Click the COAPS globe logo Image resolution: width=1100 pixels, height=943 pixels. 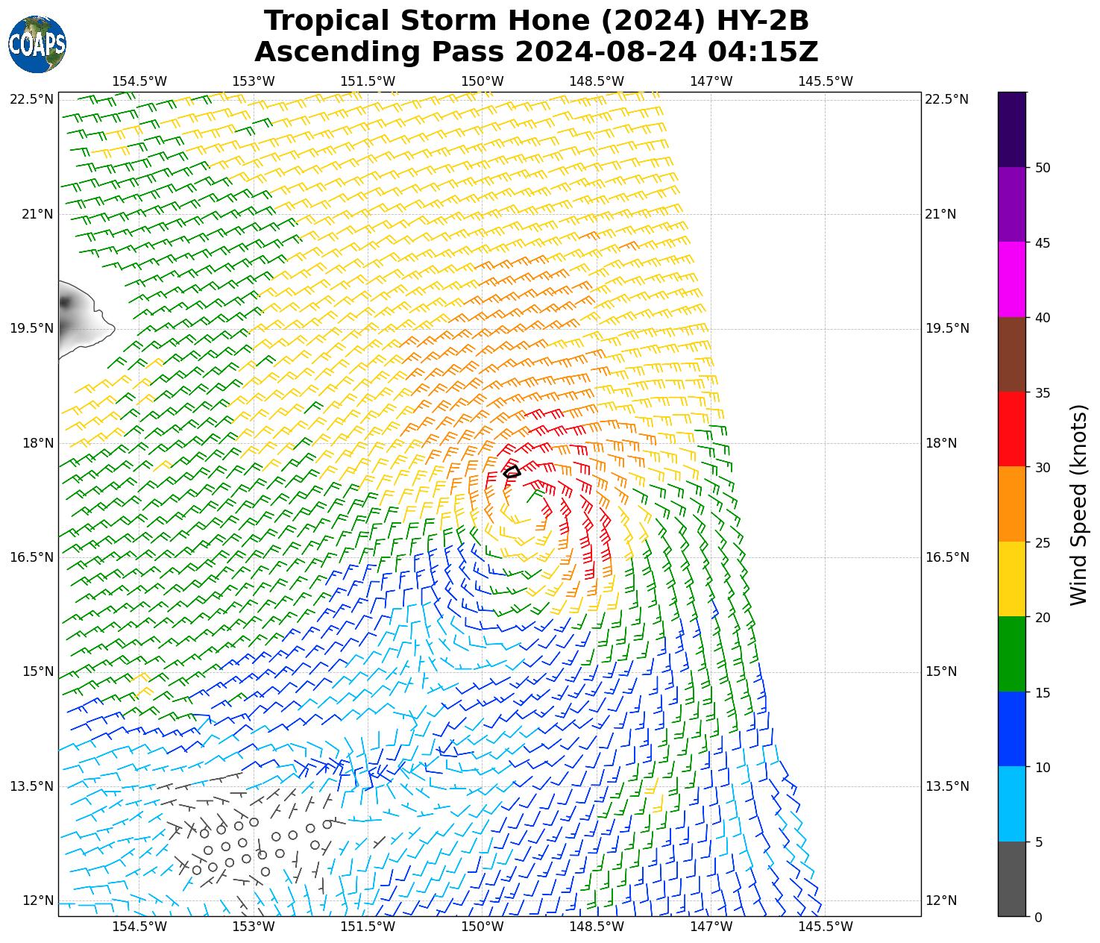point(37,44)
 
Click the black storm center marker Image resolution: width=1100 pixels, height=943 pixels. point(512,471)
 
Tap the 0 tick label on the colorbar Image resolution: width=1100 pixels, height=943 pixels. point(1038,917)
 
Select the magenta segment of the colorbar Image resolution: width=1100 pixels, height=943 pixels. point(1012,280)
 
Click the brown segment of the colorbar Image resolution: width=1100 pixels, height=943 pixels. point(1012,355)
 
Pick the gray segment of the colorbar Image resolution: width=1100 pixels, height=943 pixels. point(1012,879)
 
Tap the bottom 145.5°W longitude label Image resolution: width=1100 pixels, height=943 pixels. point(825,927)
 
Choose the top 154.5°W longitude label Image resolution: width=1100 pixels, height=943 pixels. point(139,81)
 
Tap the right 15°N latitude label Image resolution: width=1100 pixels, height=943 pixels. point(941,671)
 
